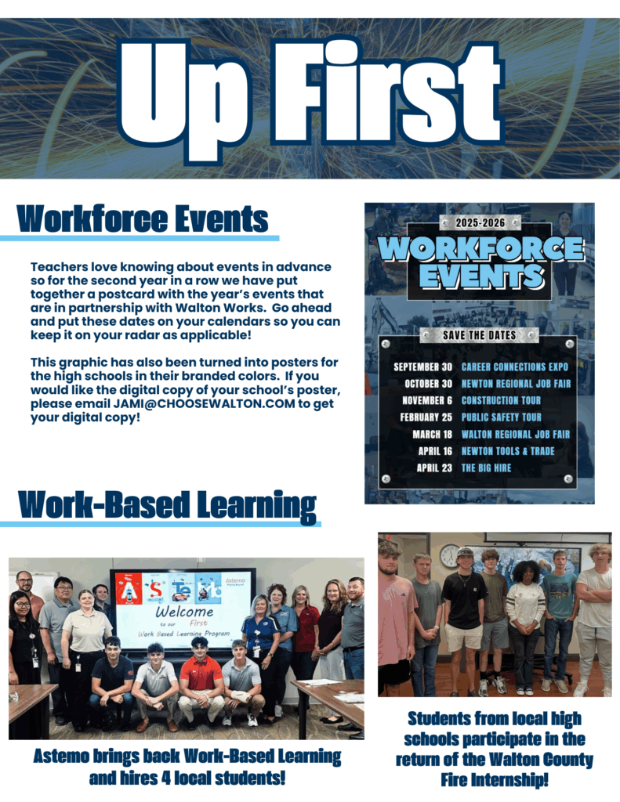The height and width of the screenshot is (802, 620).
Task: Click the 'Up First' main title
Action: pos(310,98)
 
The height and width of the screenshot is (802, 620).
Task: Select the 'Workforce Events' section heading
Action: pos(143,219)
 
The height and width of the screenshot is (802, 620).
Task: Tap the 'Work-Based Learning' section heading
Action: pos(167,505)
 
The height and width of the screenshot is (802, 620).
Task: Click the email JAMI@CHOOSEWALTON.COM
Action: pos(205,403)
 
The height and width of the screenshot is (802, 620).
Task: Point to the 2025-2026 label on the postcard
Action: pos(480,222)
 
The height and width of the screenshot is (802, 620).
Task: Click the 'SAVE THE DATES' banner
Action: pos(479,335)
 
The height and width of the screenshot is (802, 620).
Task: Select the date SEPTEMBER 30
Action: pos(423,367)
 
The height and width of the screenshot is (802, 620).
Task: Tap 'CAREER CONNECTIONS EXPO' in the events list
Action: pos(514,367)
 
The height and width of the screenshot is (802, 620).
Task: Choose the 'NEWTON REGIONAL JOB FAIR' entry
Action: pos(516,384)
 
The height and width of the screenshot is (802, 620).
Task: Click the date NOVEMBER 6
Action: pos(427,400)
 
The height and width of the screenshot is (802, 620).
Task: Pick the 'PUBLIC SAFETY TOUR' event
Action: pos(501,417)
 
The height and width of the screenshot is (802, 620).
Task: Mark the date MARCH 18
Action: pos(432,434)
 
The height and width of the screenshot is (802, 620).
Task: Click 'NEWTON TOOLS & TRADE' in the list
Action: pos(508,451)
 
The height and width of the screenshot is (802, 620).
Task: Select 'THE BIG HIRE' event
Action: pos(487,468)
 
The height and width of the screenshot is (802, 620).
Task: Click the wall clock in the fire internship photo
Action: pos(449,555)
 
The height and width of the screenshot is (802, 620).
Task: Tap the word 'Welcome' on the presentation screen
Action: pos(184,612)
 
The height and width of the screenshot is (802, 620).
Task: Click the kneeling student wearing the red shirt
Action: pos(201,675)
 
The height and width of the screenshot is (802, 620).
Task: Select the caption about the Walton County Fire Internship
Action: pos(495,750)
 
